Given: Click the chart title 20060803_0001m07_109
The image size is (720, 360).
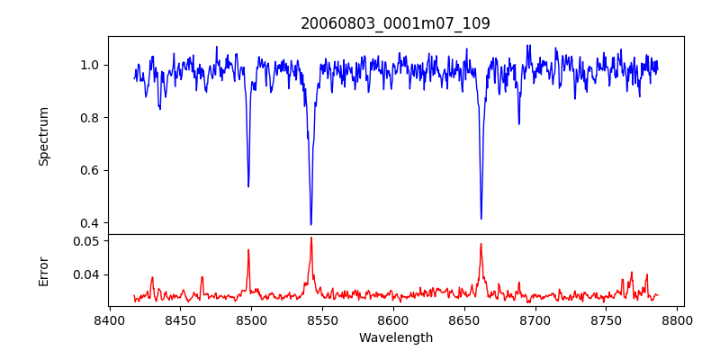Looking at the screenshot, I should [395, 23].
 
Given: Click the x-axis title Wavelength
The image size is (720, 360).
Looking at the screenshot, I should [395, 337].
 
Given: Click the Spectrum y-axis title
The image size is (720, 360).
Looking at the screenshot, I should [43, 136].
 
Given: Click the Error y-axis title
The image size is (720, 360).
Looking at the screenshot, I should [43, 271].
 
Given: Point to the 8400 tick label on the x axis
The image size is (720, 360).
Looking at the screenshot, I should [109, 319].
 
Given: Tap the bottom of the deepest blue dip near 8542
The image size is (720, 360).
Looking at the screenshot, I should [310, 224].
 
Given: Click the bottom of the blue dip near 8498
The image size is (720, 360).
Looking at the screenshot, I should [248, 186].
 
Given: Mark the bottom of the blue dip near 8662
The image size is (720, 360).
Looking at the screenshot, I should [481, 219].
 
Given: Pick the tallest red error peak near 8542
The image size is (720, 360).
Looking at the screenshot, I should [310, 238].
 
